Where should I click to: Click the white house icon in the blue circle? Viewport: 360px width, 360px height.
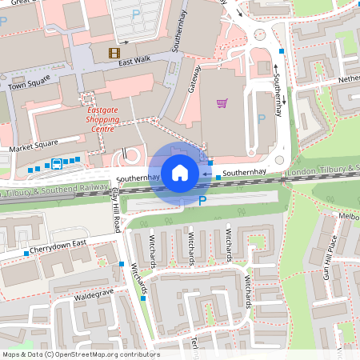point(180,172)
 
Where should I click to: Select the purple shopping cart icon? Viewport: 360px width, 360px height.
point(222,102)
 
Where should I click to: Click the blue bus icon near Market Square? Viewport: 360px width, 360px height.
point(57,164)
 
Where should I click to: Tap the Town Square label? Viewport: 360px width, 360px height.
point(29,82)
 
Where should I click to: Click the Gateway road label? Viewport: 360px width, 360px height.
point(194,78)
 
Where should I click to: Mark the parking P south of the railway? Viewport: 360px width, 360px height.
point(202,202)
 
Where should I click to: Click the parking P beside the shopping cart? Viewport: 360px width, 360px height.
point(261,119)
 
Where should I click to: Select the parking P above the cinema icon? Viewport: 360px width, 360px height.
point(135,14)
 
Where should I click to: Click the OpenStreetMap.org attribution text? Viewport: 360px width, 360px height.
point(79,354)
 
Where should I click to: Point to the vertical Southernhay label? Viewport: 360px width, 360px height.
point(278,87)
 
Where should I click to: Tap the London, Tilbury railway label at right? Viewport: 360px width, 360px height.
point(323,171)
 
